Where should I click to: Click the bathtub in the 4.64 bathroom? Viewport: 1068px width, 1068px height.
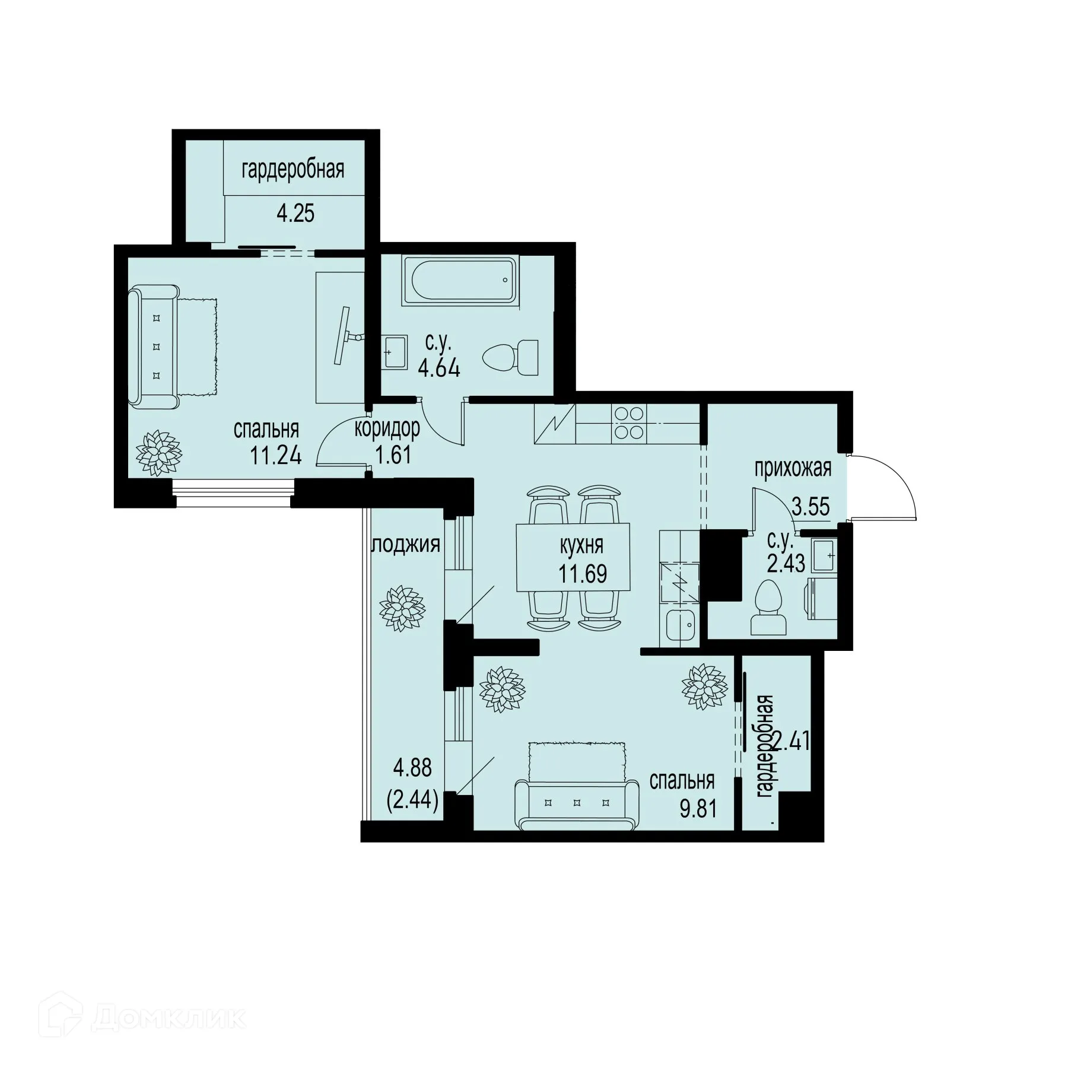click(460, 281)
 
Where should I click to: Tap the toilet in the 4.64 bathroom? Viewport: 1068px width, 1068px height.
click(511, 358)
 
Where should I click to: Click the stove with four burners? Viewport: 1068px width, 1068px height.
click(630, 422)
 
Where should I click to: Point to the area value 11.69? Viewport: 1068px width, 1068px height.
click(582, 574)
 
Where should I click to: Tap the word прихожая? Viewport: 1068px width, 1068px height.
click(793, 468)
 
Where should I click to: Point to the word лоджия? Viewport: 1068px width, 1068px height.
click(406, 544)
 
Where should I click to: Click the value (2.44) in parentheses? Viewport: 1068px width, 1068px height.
click(412, 802)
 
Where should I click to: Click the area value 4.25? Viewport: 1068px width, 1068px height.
click(295, 213)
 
